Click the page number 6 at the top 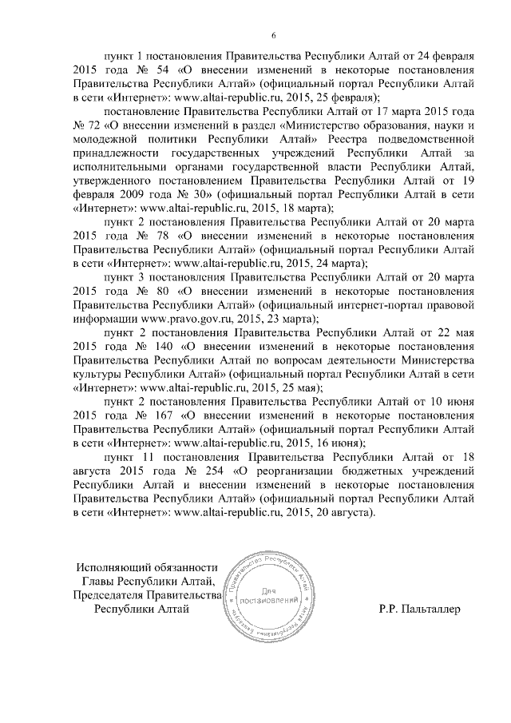pos(274,34)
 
